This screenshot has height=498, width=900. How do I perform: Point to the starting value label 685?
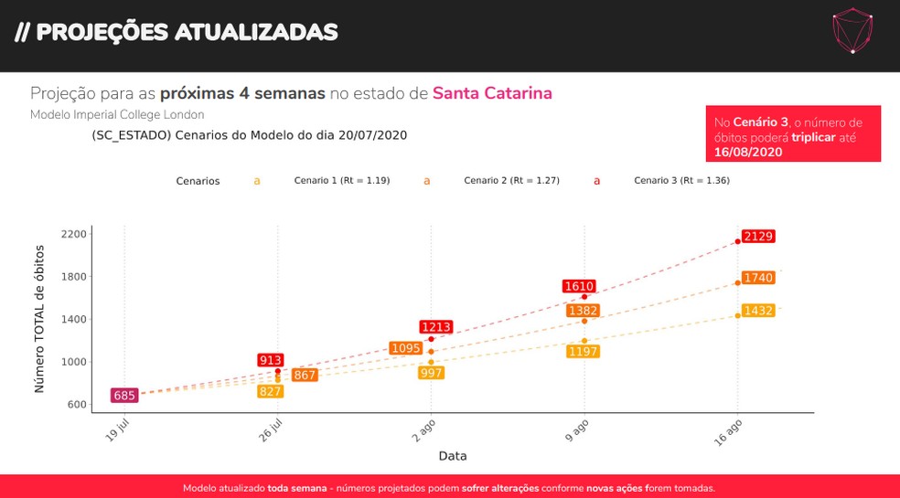click(124, 396)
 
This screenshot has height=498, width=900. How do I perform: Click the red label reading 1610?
click(580, 287)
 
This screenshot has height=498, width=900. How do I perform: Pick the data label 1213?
click(436, 327)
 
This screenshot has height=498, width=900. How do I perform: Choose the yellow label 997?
click(431, 373)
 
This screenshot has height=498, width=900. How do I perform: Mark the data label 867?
click(305, 376)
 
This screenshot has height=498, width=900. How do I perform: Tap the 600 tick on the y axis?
click(78, 404)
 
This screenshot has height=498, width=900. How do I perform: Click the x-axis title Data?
click(453, 455)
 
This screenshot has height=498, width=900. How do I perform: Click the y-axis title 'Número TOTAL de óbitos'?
click(40, 319)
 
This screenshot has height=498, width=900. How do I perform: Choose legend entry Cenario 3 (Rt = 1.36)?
click(681, 181)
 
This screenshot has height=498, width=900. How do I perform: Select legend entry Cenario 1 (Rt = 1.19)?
click(341, 181)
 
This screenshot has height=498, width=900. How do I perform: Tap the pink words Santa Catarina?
click(492, 93)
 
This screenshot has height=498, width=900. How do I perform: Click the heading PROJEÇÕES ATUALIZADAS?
click(177, 33)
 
